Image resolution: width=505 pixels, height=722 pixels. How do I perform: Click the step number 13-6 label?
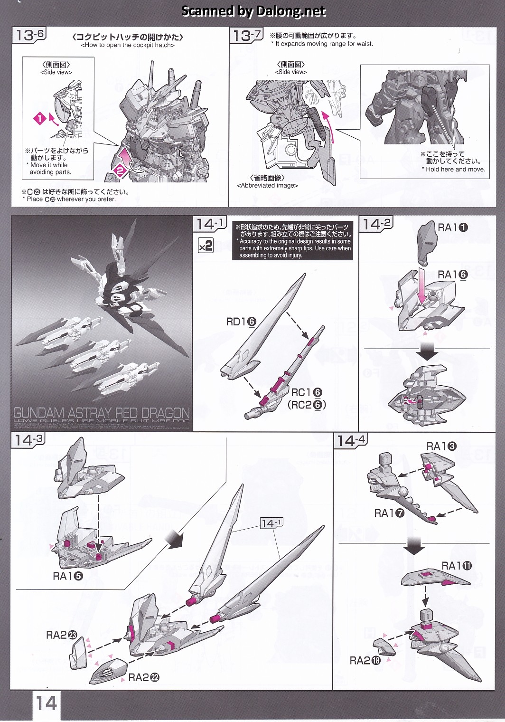29,35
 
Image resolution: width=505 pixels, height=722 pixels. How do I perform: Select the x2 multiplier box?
206,246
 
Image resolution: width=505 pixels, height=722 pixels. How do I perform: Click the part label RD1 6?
241,322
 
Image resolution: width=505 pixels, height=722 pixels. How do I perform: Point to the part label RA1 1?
452,228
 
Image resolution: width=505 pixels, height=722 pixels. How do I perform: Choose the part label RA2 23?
62,635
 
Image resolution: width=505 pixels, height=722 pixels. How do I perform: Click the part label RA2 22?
144,677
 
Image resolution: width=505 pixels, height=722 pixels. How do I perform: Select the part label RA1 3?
441,446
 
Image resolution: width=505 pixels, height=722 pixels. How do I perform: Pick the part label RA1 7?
389,513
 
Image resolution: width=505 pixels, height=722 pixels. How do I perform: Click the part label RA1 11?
457,566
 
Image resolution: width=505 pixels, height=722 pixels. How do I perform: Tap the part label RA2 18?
365,660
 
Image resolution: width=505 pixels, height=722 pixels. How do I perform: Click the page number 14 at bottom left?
46,703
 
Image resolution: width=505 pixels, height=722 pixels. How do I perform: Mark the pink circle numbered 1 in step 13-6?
40,118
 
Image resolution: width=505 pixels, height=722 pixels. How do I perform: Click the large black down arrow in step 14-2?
428,351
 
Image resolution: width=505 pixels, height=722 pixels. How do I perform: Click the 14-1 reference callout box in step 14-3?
271,523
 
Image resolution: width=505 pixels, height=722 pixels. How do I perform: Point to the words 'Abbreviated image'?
267,186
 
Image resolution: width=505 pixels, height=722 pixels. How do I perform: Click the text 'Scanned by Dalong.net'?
254,11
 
